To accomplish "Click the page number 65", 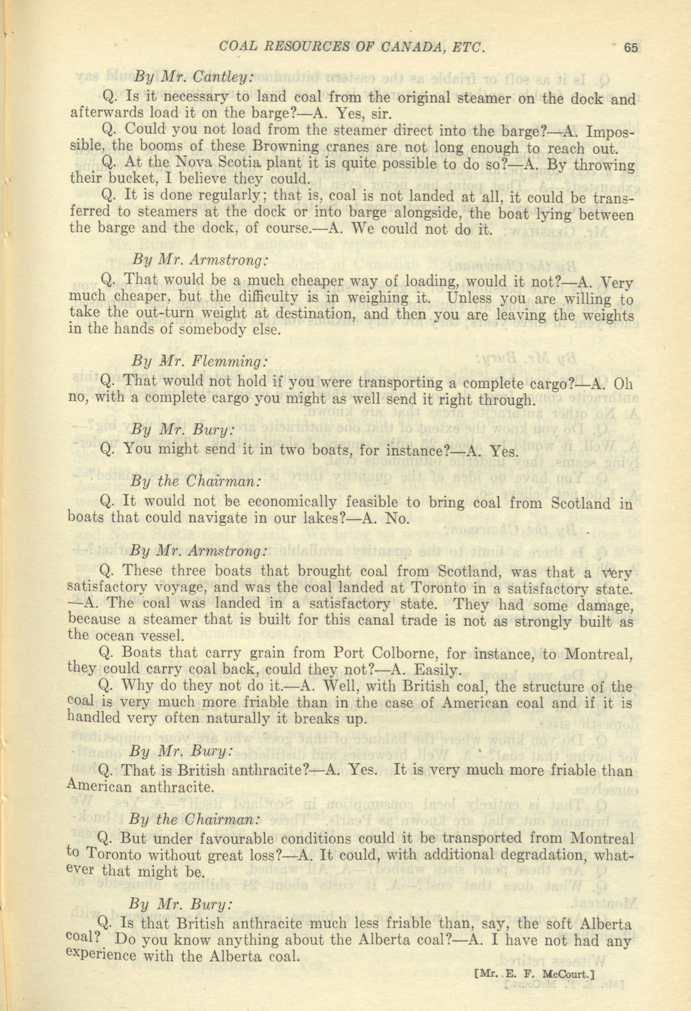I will (x=630, y=47).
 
